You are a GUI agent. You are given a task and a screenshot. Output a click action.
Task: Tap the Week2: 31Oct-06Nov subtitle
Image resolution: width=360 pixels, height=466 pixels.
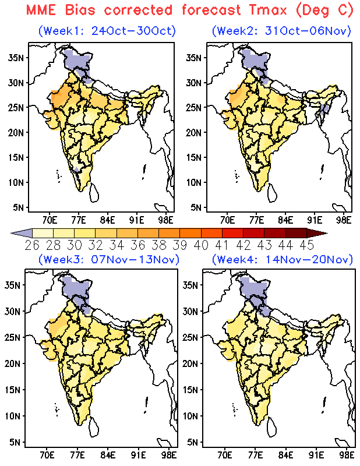pyautogui.click(x=282, y=30)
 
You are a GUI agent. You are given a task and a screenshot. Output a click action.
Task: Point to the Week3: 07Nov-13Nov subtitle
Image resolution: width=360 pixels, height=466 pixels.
pyautogui.click(x=108, y=259)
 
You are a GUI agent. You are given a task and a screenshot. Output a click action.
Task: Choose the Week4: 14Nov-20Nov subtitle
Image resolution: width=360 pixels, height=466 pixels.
pyautogui.click(x=282, y=259)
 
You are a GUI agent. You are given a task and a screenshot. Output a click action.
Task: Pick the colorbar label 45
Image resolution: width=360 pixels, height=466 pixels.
pyautogui.click(x=306, y=243)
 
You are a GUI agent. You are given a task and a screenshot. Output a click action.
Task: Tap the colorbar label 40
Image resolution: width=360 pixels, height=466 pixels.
pyautogui.click(x=201, y=243)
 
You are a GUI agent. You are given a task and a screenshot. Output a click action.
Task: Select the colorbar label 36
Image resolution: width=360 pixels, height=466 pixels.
pyautogui.click(x=138, y=243)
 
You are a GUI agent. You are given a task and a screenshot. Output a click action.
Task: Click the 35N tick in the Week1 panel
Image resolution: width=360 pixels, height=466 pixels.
pyautogui.click(x=16, y=57)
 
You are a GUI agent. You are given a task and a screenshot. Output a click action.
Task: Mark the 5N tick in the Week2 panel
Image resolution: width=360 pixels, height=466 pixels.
pyautogui.click(x=193, y=207)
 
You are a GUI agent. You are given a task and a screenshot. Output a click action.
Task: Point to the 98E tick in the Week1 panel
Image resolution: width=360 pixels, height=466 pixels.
pyautogui.click(x=165, y=220)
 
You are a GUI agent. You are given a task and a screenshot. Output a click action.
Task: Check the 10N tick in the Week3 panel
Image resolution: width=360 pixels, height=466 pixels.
pyautogui.click(x=16, y=416)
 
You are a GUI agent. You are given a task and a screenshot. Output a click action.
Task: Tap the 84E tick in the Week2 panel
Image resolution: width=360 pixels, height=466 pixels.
pyautogui.click(x=285, y=220)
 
